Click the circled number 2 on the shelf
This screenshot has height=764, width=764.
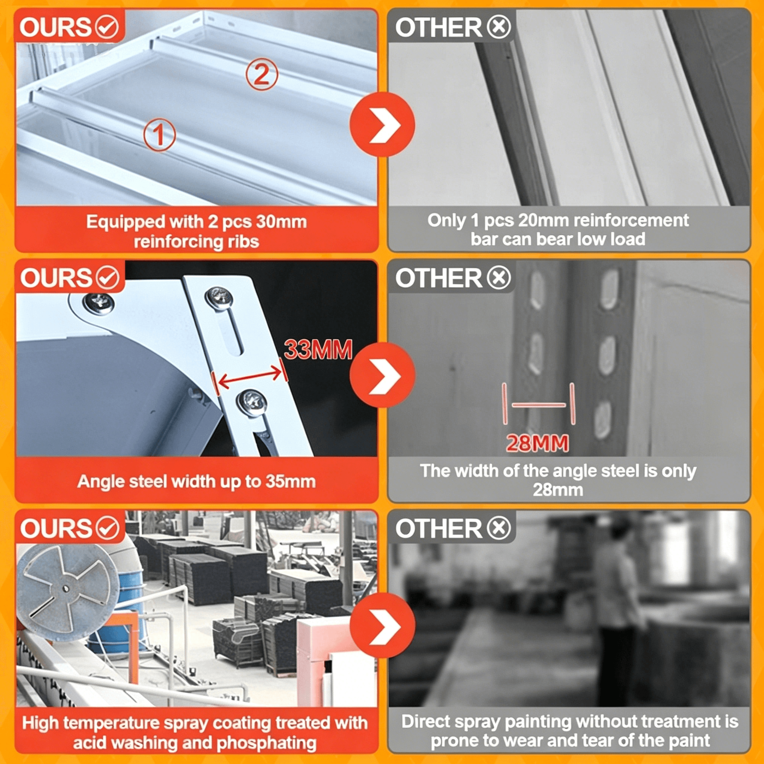coord(262,74)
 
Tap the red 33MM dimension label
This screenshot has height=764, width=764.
coord(318,350)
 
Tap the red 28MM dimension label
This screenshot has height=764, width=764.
coord(538,443)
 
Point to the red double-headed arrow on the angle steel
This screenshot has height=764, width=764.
coord(250,377)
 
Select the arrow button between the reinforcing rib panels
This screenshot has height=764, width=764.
coord(382,125)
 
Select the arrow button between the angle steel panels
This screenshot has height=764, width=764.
coord(382,375)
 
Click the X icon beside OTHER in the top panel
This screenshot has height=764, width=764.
coord(499,27)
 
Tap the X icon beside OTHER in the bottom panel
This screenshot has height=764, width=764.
coord(499,528)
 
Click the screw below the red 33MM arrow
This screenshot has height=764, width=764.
coord(251,403)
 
